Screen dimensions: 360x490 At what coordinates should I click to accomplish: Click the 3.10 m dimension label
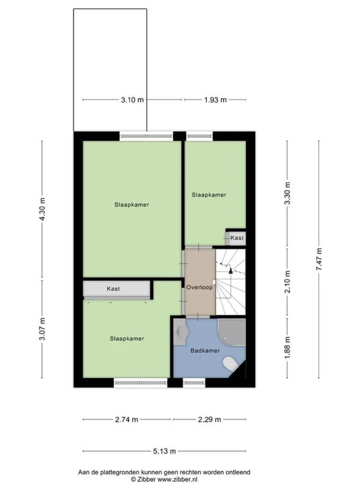point(133,100)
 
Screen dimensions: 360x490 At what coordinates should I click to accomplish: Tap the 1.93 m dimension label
point(216,100)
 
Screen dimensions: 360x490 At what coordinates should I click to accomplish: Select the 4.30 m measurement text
point(43,209)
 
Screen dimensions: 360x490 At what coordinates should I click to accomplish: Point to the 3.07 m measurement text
point(43,329)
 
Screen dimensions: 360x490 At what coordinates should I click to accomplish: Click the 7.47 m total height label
point(319,260)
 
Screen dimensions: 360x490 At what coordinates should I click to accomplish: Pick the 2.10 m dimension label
point(288,281)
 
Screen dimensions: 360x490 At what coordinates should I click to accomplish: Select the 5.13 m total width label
point(165,451)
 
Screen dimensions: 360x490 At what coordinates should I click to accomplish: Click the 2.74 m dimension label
point(127,419)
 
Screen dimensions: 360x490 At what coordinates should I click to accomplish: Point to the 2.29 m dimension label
point(210,419)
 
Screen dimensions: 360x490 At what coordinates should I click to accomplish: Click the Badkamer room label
point(205,351)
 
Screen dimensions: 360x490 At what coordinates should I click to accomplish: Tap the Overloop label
point(200,287)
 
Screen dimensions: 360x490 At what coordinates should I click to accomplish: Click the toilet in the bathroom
point(231,363)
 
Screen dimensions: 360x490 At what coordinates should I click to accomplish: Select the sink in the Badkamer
point(181,332)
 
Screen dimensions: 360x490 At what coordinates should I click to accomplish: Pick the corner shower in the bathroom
point(232,332)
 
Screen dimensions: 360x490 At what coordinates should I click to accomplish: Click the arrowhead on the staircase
point(231,270)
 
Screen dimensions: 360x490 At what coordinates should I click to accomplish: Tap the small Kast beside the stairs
point(236,238)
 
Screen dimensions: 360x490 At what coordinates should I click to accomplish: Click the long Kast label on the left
point(113,289)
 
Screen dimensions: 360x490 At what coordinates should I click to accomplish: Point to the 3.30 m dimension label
point(288,193)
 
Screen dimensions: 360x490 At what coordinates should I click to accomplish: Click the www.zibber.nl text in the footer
point(177,480)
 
